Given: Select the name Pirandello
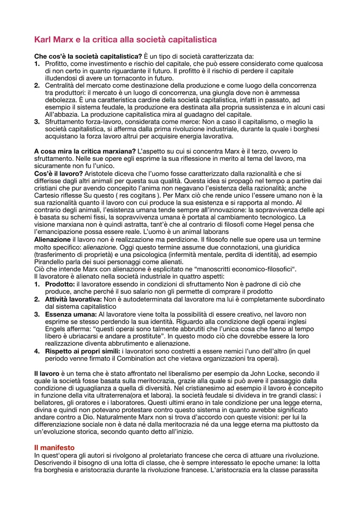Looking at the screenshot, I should pos(53,262).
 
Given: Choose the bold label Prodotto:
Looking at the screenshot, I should pos(60,284).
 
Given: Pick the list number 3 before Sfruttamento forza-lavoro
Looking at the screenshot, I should pos(37,122).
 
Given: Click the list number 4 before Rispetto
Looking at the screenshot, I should pos(37,351).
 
